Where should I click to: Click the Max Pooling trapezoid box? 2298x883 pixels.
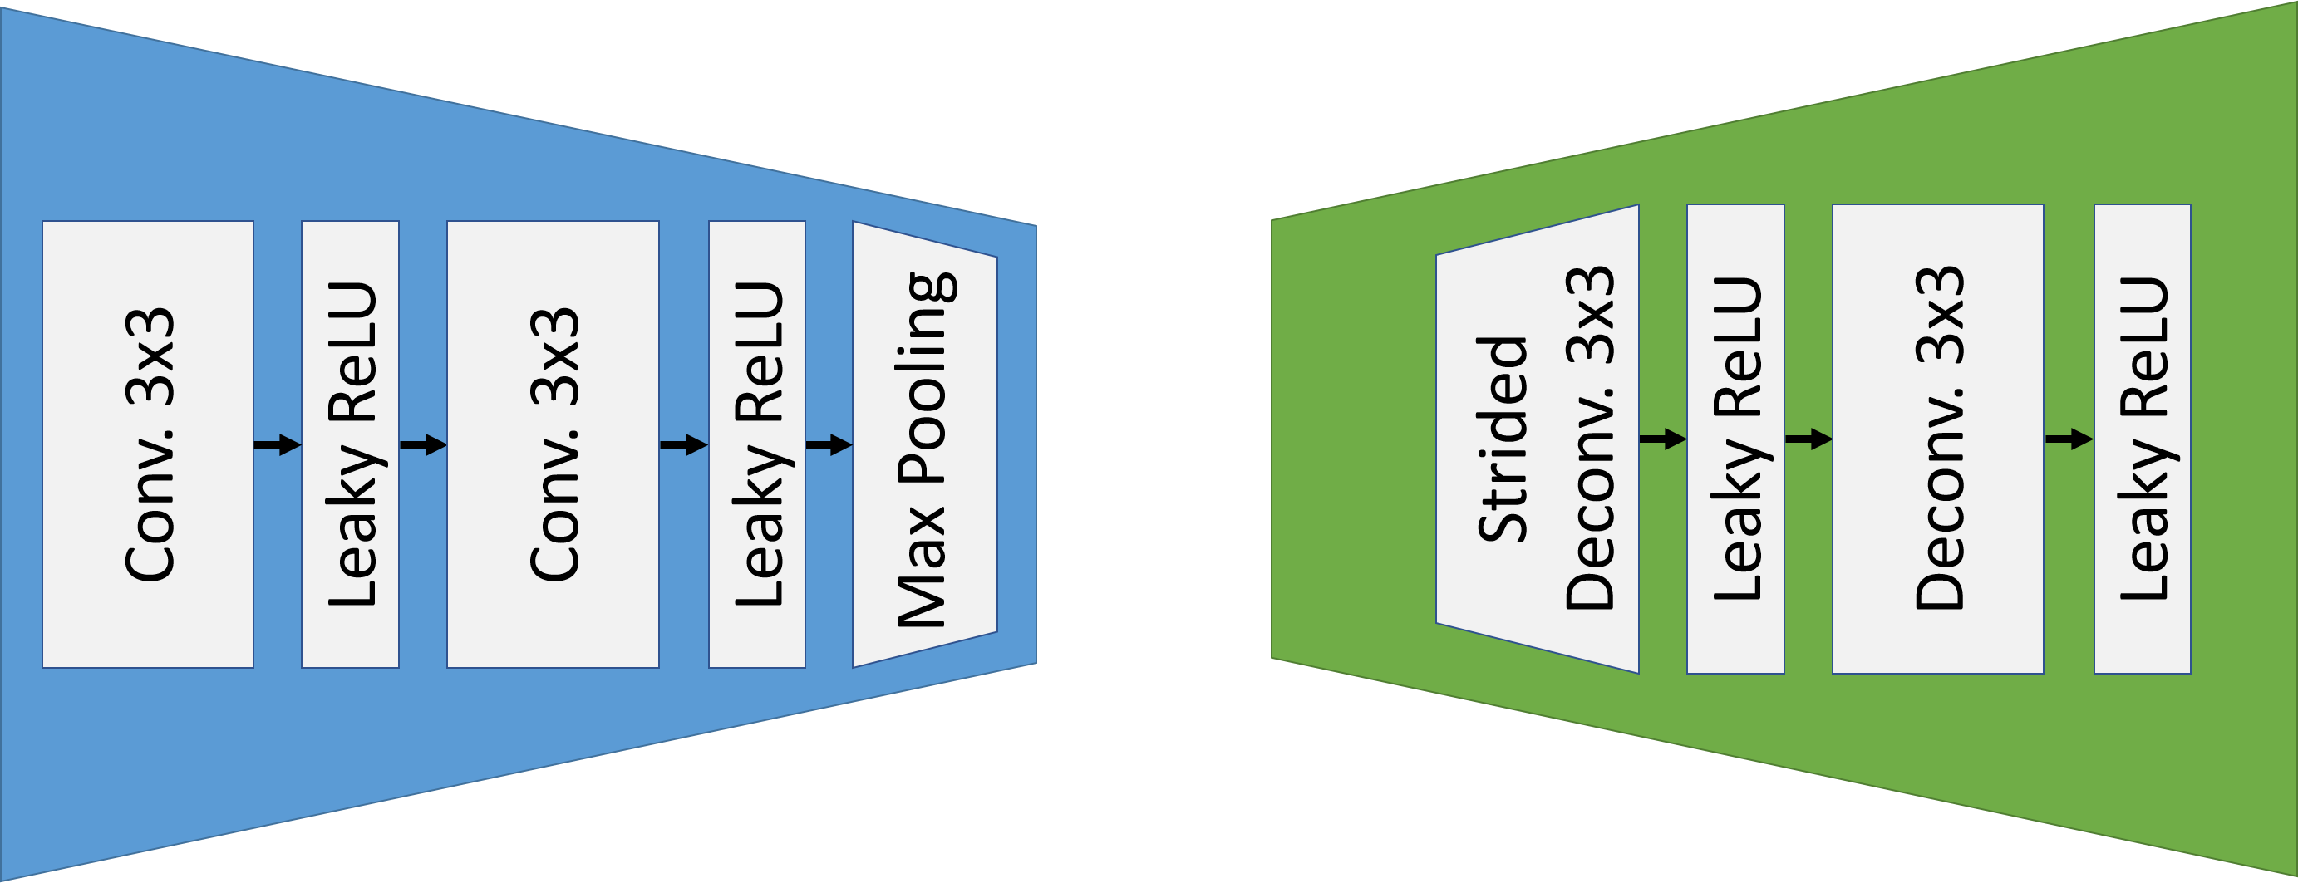pos(924,444)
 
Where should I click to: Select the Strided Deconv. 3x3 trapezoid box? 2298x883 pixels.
pos(1537,439)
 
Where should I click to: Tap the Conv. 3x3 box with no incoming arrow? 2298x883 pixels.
pos(148,444)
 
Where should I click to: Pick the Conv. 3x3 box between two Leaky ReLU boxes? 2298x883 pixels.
pos(553,444)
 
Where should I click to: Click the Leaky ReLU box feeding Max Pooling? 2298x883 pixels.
pos(757,444)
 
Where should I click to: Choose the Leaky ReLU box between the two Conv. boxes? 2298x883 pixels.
pos(351,444)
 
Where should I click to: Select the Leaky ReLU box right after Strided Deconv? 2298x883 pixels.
pos(1735,438)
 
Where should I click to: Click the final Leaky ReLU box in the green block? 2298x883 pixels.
pos(2143,438)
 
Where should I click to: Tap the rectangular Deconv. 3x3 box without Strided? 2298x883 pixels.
pos(1938,438)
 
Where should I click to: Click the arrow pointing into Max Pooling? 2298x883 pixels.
pos(829,444)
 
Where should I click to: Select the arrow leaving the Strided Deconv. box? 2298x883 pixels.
pos(1663,439)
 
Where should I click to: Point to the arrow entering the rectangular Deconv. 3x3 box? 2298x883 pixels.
pos(1808,439)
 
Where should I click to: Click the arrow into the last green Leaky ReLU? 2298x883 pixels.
pos(2069,439)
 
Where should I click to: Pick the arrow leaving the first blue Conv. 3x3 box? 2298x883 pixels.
pos(278,444)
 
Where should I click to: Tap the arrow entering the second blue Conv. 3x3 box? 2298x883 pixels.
pos(423,444)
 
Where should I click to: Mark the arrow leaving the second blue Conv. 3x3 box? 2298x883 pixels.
pos(683,444)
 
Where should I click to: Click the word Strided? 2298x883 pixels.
pos(1503,439)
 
